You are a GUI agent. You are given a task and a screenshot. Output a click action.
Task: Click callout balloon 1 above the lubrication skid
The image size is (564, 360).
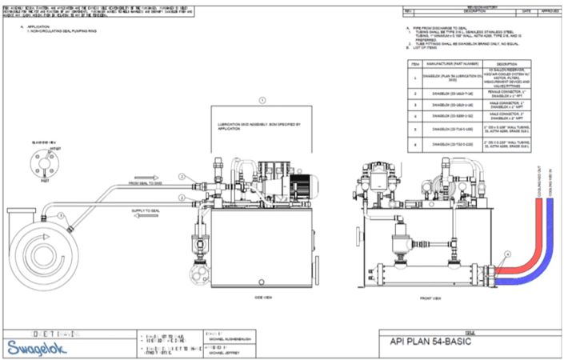pos(262,100)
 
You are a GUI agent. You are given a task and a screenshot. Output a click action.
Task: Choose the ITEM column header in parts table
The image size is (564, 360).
pos(415,62)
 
